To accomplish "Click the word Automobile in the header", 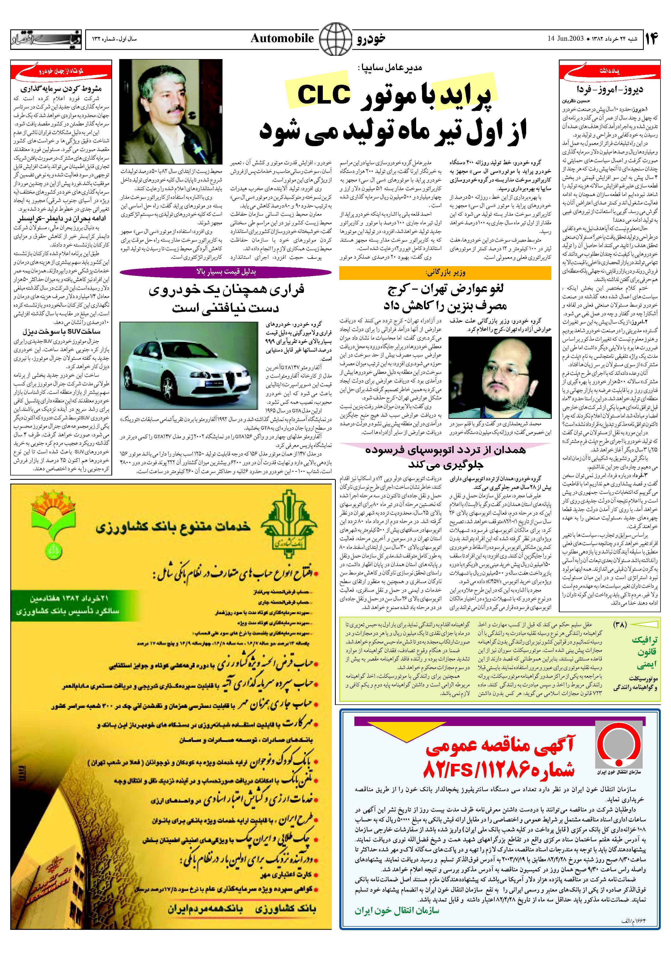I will tap(282, 39).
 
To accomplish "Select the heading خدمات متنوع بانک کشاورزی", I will tap(173, 527).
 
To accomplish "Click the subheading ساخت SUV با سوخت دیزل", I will tap(61, 332).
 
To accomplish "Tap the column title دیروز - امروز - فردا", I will tap(610, 89).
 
